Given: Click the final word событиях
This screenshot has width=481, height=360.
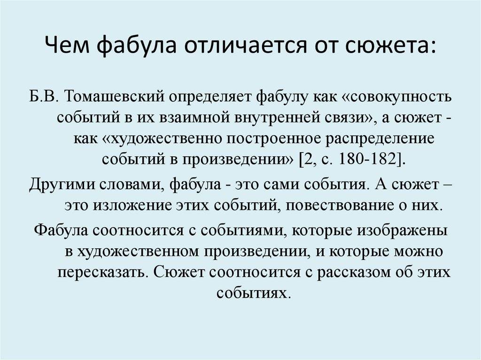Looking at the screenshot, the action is [253, 293].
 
